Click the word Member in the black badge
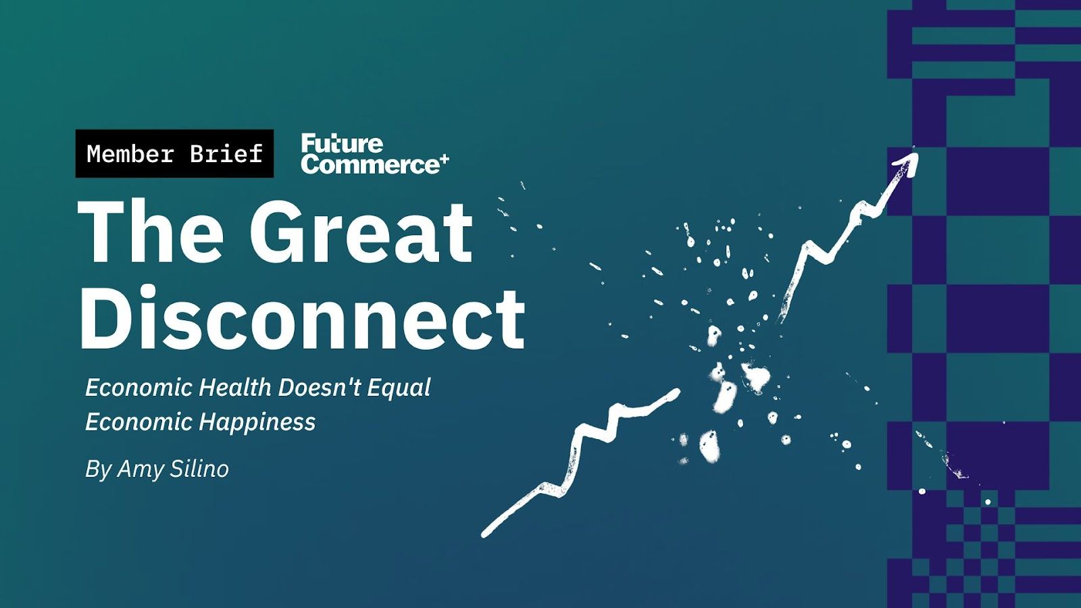130,153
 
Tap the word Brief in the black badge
226,153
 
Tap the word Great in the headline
361,232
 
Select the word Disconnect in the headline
302,318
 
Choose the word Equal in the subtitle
399,388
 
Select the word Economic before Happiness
139,422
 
